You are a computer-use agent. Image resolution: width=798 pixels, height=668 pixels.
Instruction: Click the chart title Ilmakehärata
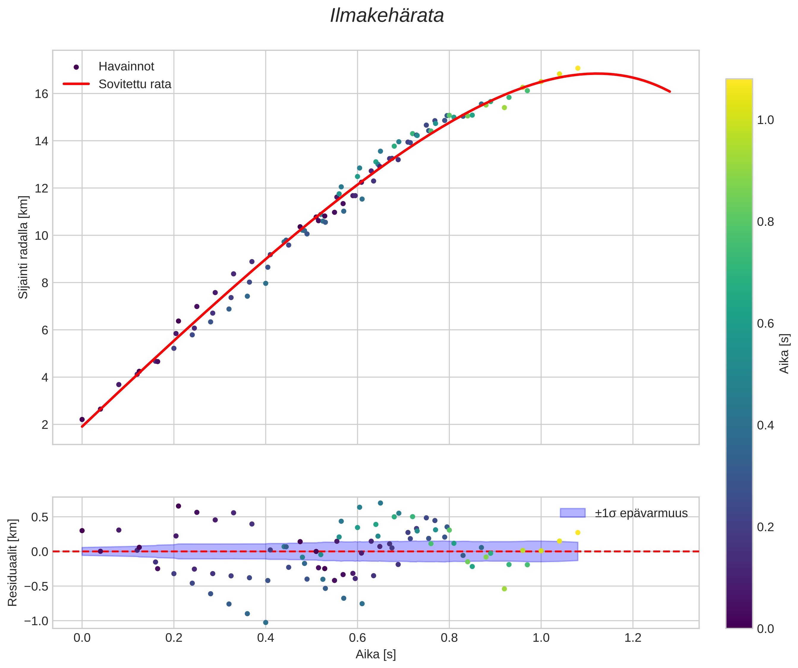[387, 16]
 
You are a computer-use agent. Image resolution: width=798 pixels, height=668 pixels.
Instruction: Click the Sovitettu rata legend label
[135, 84]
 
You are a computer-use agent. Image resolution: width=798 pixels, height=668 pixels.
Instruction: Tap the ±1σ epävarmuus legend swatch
[572, 513]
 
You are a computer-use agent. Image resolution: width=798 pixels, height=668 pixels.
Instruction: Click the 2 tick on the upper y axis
[45, 425]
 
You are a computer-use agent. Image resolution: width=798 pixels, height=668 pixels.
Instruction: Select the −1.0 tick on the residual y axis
[36, 621]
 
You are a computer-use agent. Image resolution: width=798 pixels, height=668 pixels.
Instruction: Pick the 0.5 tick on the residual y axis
[39, 517]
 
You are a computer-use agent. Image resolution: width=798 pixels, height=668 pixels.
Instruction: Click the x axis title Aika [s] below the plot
[375, 654]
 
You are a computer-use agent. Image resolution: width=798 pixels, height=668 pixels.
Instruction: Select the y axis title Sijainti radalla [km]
[23, 247]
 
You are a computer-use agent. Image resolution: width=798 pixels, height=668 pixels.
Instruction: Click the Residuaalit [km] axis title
[12, 563]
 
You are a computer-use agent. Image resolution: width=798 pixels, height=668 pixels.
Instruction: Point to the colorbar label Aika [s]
[784, 354]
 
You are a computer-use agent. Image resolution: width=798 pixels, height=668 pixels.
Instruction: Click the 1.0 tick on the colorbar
[765, 120]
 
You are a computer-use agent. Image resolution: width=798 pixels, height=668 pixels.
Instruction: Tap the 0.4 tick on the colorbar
[765, 425]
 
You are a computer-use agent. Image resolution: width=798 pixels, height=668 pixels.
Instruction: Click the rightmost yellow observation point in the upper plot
[577, 68]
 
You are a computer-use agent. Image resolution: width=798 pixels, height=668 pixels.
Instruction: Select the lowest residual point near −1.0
[266, 622]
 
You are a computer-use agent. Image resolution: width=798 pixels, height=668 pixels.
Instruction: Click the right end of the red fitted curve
[670, 92]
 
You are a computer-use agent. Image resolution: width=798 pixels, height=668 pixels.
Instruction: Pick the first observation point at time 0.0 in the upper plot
[82, 419]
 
